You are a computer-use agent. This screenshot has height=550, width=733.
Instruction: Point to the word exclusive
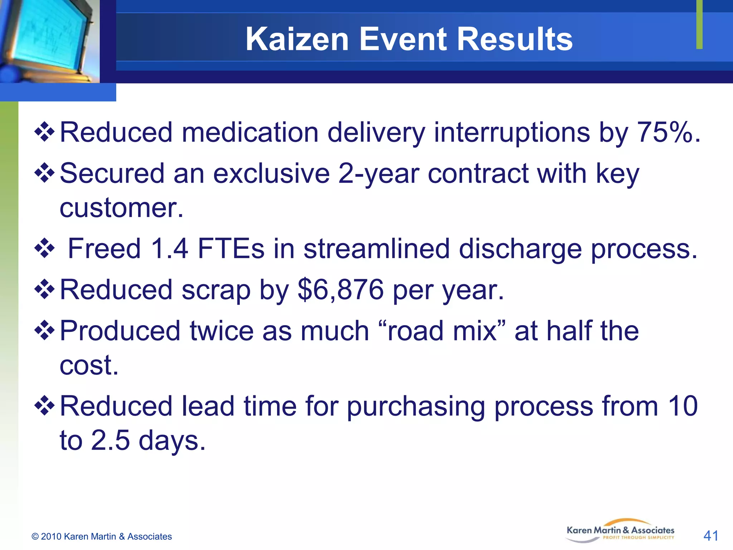coord(271,173)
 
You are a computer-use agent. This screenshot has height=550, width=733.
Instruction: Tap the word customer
coord(121,208)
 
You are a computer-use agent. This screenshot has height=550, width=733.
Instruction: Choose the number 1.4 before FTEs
coord(169,249)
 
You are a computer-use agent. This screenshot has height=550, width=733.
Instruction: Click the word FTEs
coord(231,249)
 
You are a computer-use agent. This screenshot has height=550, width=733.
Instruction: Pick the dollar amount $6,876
coord(341,289)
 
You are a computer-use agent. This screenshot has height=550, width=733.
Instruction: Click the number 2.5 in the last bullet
coord(110,440)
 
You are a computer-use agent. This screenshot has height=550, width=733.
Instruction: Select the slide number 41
coord(711,536)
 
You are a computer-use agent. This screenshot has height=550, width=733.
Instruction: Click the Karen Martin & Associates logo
coord(620,531)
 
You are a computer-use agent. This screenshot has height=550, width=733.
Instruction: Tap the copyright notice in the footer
coord(102,536)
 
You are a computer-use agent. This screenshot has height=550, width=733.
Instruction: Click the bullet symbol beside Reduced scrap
coord(44,289)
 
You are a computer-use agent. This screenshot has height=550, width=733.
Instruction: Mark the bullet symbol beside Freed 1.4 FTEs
coord(44,248)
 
